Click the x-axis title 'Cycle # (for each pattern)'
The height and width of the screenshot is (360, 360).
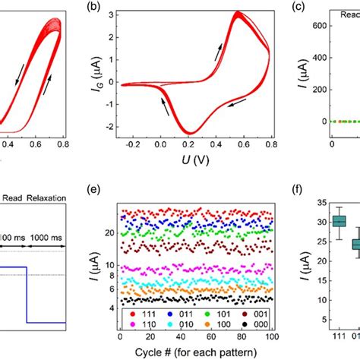click(190, 352)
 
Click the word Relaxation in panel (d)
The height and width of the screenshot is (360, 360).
click(46, 200)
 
